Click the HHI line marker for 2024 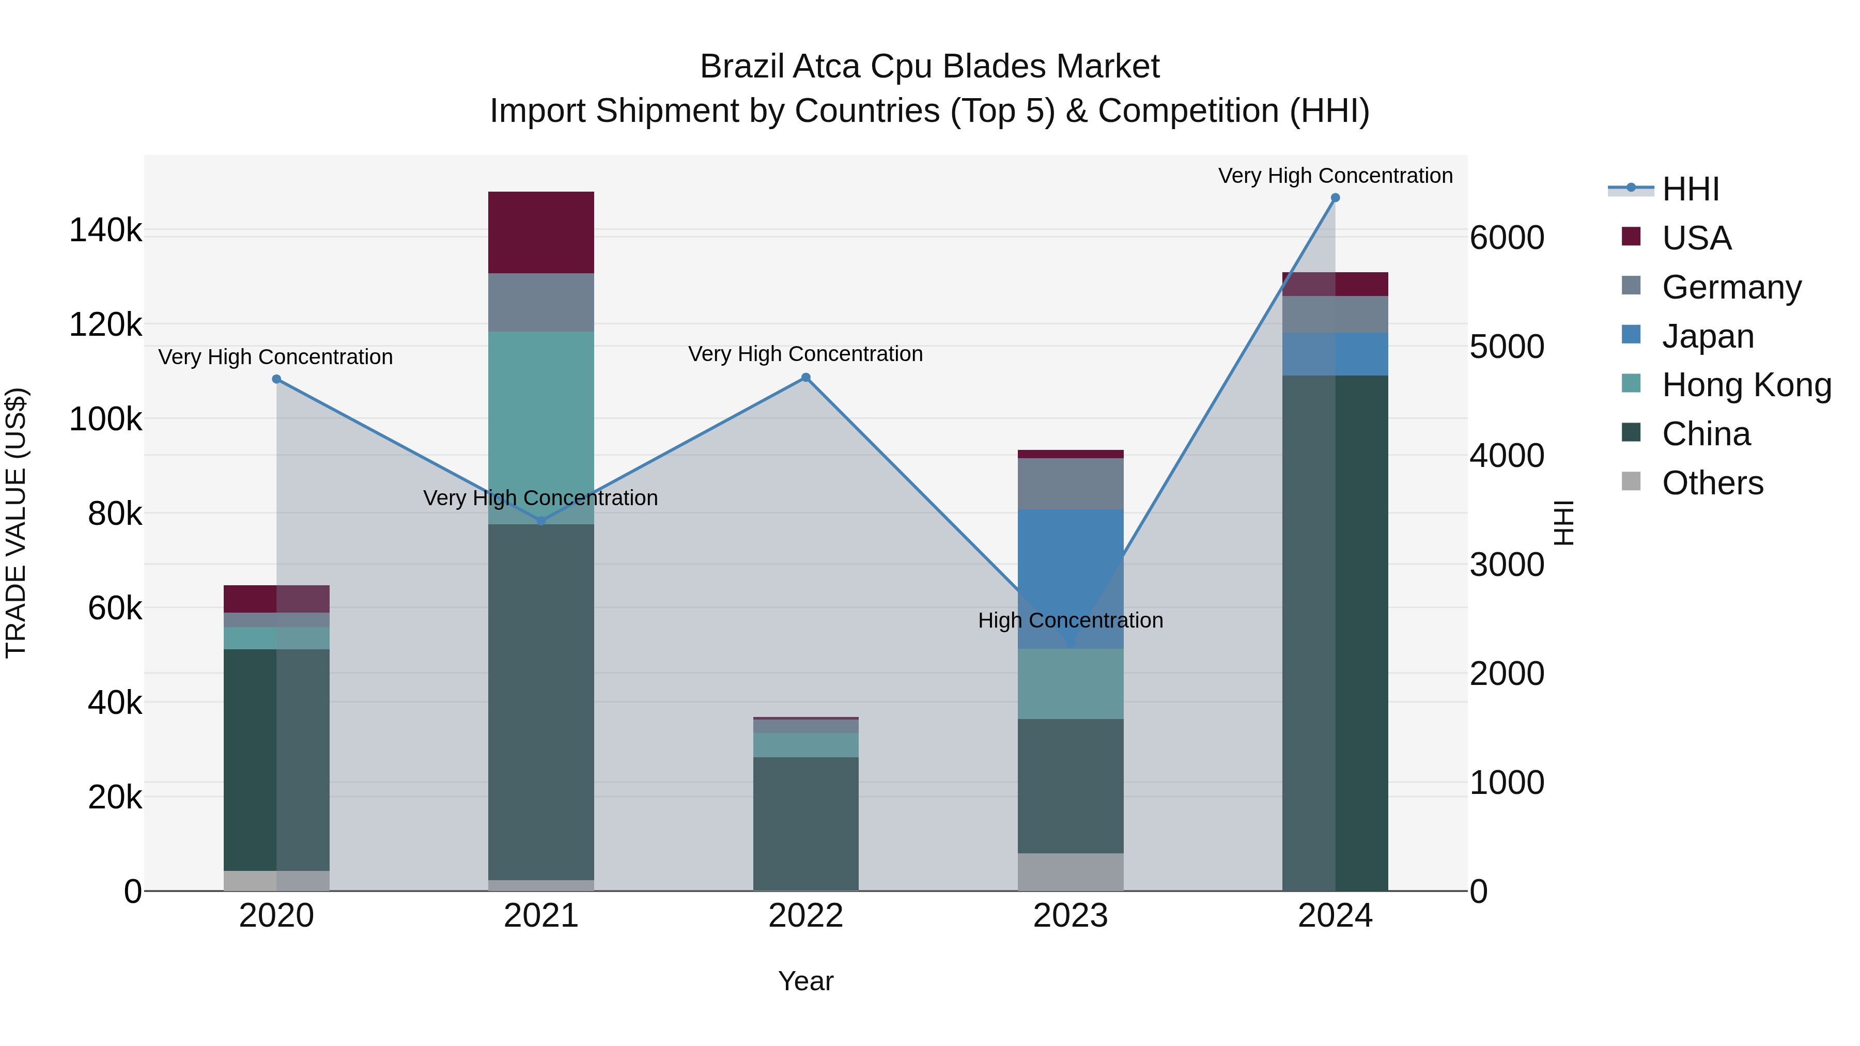pyautogui.click(x=1335, y=198)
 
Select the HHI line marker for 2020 pyautogui.click(x=276, y=379)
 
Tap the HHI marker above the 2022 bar pyautogui.click(x=806, y=378)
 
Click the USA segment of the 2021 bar pyautogui.click(x=541, y=232)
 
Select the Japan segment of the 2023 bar pyautogui.click(x=1071, y=577)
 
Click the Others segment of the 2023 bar pyautogui.click(x=1071, y=871)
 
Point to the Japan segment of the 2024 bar pyautogui.click(x=1335, y=354)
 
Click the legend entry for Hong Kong pyautogui.click(x=1746, y=385)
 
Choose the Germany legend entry pyautogui.click(x=1731, y=287)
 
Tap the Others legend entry pyautogui.click(x=1712, y=483)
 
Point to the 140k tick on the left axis pyautogui.click(x=105, y=231)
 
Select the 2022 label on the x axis pyautogui.click(x=806, y=916)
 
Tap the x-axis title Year pyautogui.click(x=806, y=981)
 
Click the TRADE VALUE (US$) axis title pyautogui.click(x=16, y=523)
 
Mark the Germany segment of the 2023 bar pyautogui.click(x=1071, y=483)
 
